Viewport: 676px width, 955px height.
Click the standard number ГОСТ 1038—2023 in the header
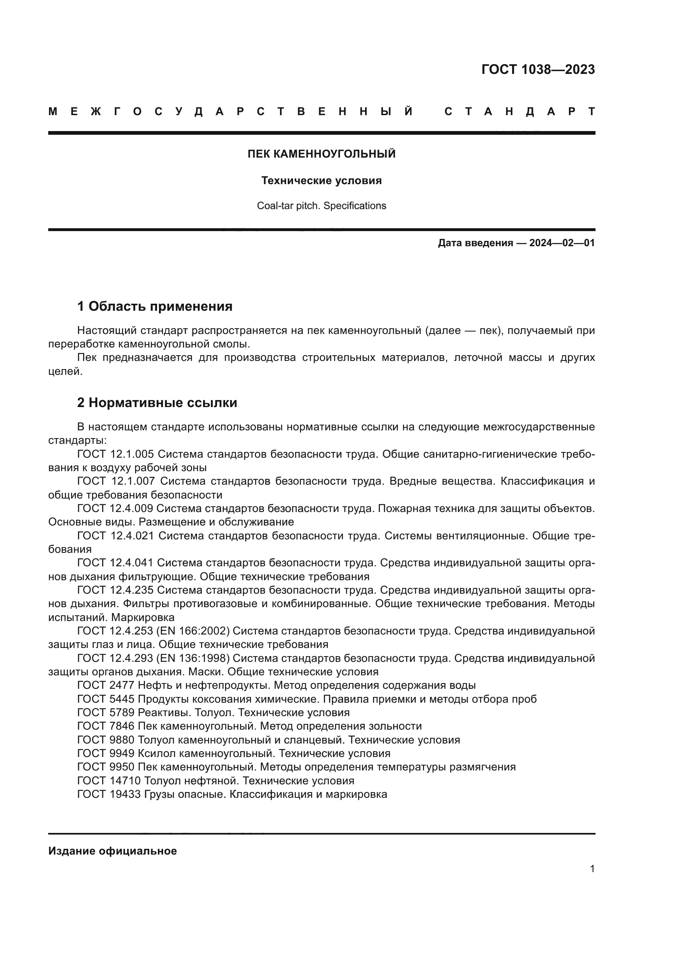click(x=538, y=69)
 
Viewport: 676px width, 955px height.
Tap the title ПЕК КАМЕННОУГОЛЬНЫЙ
click(x=321, y=154)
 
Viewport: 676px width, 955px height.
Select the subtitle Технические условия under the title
click(x=321, y=180)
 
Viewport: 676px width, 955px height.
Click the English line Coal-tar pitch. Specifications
click(x=321, y=206)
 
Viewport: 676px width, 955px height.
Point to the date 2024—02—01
click(x=562, y=243)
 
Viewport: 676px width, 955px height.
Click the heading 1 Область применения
click(x=155, y=307)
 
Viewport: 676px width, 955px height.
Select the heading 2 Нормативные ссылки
click(x=157, y=403)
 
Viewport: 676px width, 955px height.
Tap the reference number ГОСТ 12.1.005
click(x=115, y=454)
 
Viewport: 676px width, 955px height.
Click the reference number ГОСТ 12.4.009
click(x=115, y=508)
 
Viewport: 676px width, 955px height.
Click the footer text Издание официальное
click(x=112, y=851)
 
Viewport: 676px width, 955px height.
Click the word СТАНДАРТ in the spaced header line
click(x=519, y=111)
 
